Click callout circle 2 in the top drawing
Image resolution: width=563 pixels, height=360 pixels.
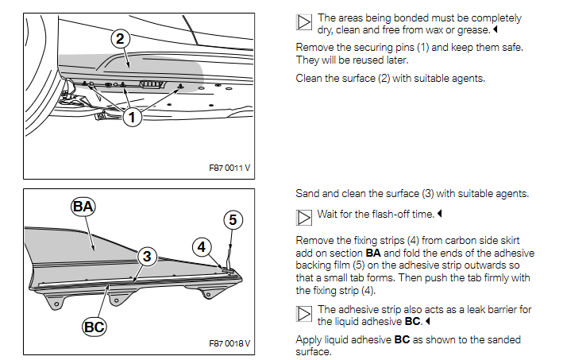pyautogui.click(x=120, y=38)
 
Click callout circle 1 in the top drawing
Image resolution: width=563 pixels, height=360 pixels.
pyautogui.click(x=132, y=117)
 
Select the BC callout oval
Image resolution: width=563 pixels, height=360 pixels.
pyautogui.click(x=94, y=327)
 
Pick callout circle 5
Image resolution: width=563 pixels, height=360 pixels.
pyautogui.click(x=232, y=219)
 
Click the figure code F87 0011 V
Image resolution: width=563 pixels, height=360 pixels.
pyautogui.click(x=229, y=169)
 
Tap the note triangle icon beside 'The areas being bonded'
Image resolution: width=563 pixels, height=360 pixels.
pyautogui.click(x=304, y=23)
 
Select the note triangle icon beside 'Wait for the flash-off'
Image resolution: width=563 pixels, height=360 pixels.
pyautogui.click(x=304, y=215)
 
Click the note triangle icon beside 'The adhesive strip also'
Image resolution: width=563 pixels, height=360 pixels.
pyautogui.click(x=304, y=315)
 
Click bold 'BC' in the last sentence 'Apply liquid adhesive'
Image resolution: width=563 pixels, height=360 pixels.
pyautogui.click(x=403, y=340)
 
